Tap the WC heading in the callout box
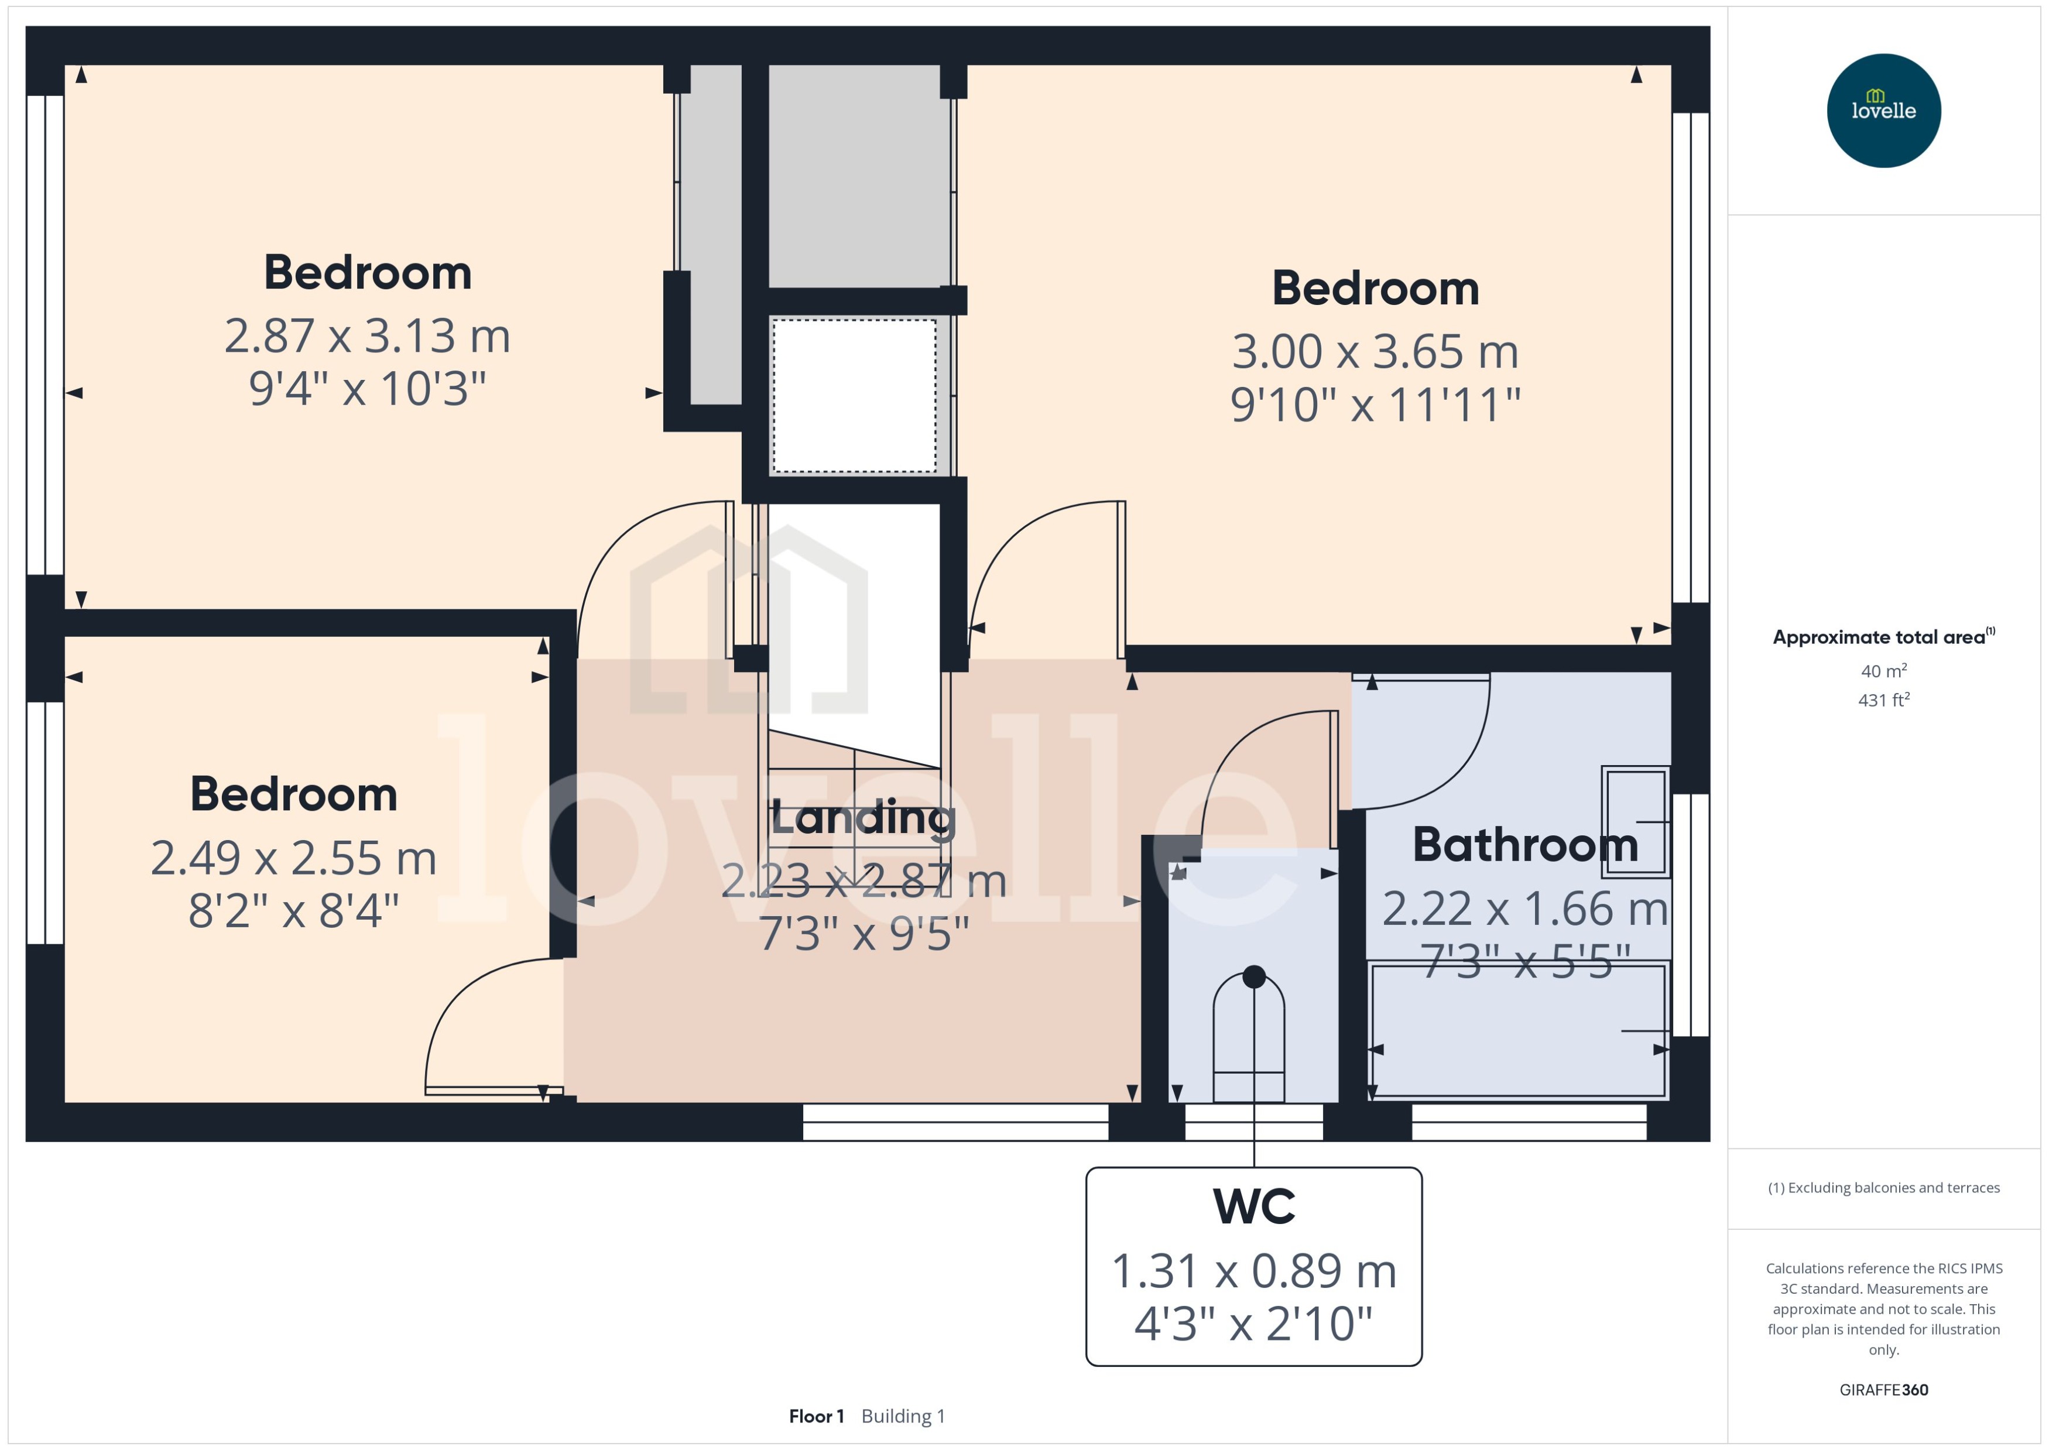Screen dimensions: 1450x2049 click(1253, 1206)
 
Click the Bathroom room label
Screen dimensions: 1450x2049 click(1525, 845)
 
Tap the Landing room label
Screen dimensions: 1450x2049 click(862, 818)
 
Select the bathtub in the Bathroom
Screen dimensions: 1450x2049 click(1518, 1031)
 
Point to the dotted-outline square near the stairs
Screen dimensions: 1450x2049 click(854, 396)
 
